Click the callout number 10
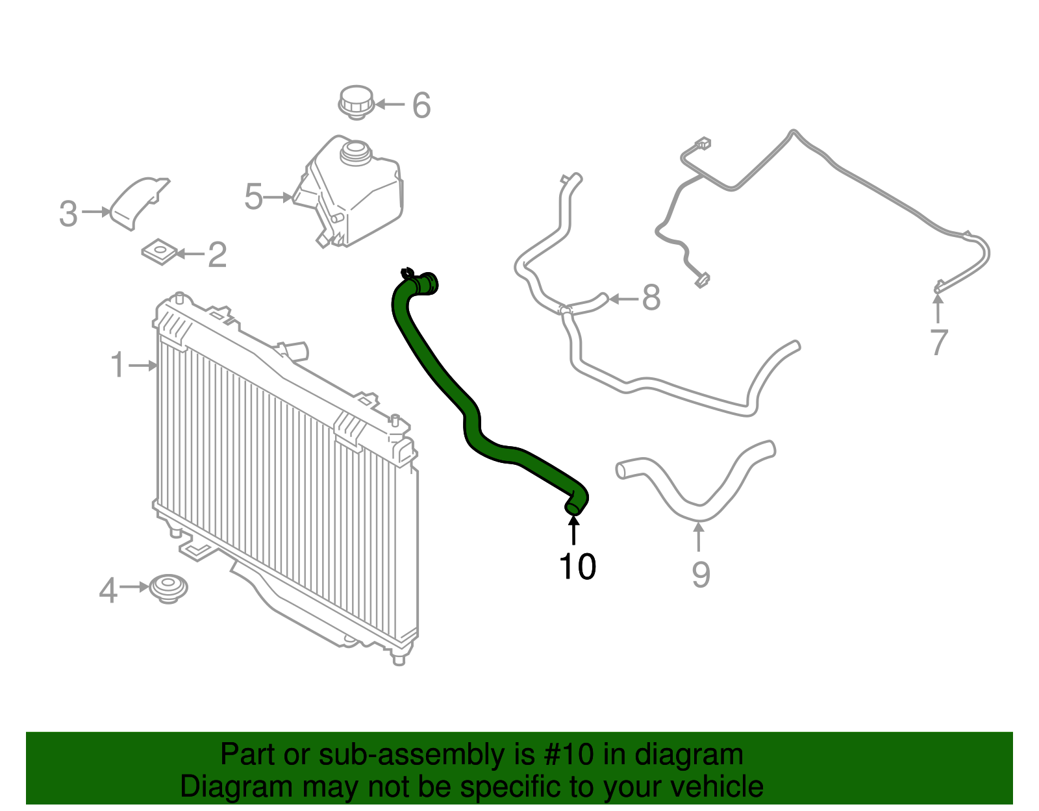pos(577,567)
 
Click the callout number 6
pos(421,105)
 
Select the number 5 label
pos(253,197)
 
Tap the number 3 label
pos(68,214)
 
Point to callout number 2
pos(218,255)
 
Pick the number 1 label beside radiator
pos(118,366)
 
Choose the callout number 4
pos(108,590)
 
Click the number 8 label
pos(651,299)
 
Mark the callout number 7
pos(939,342)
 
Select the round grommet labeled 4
pos(169,587)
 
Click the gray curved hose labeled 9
pos(695,493)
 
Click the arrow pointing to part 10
pos(573,529)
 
